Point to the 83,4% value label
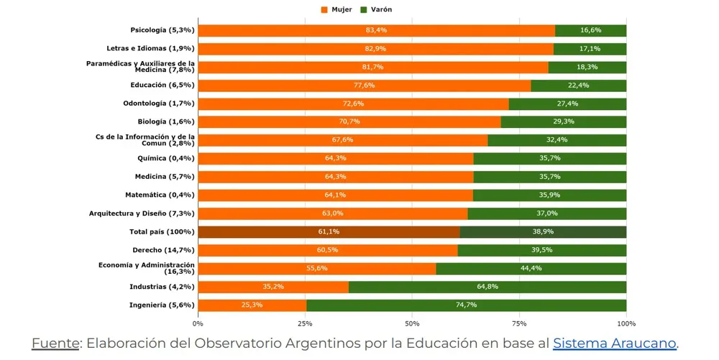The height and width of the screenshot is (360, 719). click(376, 30)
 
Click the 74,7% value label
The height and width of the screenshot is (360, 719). click(467, 305)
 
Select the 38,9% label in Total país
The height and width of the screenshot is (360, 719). click(543, 232)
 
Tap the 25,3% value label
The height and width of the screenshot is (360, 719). click(252, 305)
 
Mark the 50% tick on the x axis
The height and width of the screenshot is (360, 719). click(412, 324)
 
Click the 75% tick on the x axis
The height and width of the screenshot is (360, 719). click(519, 324)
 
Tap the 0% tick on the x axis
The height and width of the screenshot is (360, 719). click(198, 324)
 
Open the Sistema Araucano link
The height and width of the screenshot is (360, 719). click(615, 343)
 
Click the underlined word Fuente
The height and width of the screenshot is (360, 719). click(55, 343)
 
